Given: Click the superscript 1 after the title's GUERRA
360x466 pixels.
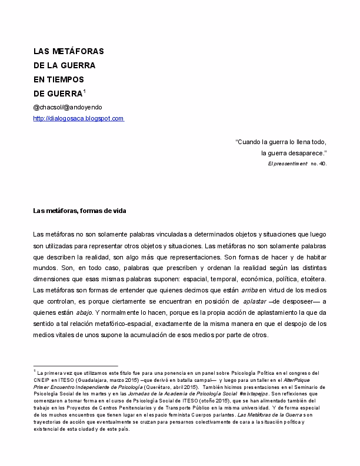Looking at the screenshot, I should tap(85, 91).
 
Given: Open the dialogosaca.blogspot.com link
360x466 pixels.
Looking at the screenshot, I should tap(78, 118).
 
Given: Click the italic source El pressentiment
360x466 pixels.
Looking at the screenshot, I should tap(287, 164).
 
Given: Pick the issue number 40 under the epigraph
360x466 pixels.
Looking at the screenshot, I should tap(321, 164).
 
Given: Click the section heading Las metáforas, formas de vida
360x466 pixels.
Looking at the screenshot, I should tap(80, 211).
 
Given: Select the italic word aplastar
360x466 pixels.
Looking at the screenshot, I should tap(254, 301).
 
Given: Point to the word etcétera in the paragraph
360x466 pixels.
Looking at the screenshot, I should tap(309, 279).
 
